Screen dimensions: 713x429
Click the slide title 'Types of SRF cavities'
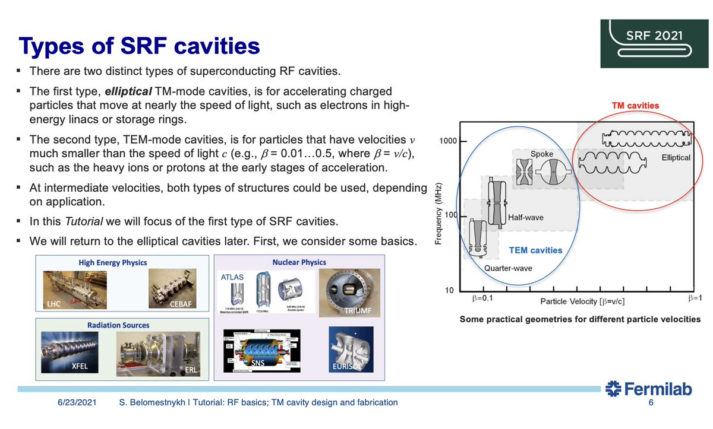click(x=139, y=47)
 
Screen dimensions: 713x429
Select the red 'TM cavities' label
click(x=635, y=106)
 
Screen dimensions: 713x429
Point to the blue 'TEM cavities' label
click(x=535, y=250)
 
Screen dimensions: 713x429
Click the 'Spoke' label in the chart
click(x=541, y=154)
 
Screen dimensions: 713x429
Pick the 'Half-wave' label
click(x=525, y=218)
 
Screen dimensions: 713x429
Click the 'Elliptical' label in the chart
click(x=676, y=158)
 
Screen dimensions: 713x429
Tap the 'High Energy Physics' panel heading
click(x=112, y=262)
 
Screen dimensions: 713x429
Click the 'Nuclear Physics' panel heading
click(x=299, y=262)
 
